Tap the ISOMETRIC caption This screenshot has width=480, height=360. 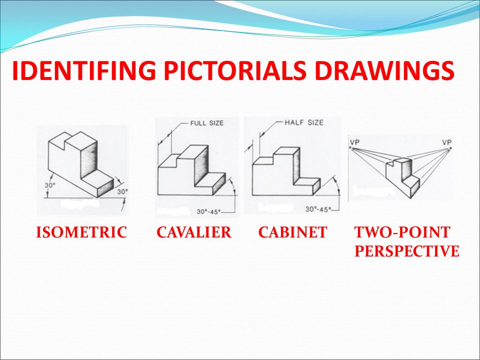point(81,232)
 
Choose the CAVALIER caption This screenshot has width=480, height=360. point(194,232)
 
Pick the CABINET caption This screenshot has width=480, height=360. point(292,232)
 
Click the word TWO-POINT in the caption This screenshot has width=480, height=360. point(402,232)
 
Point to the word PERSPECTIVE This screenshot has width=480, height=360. point(406,251)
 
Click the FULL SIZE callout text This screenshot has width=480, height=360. point(206,123)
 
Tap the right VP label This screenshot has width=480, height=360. point(446,142)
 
